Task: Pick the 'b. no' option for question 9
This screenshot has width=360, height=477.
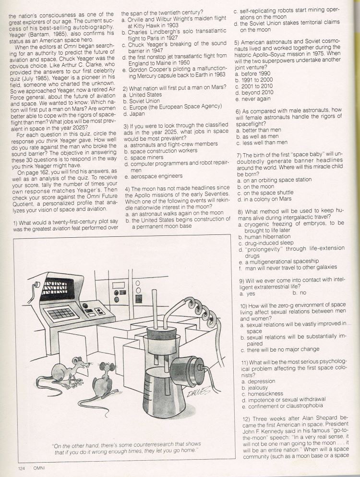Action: click(300, 293)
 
